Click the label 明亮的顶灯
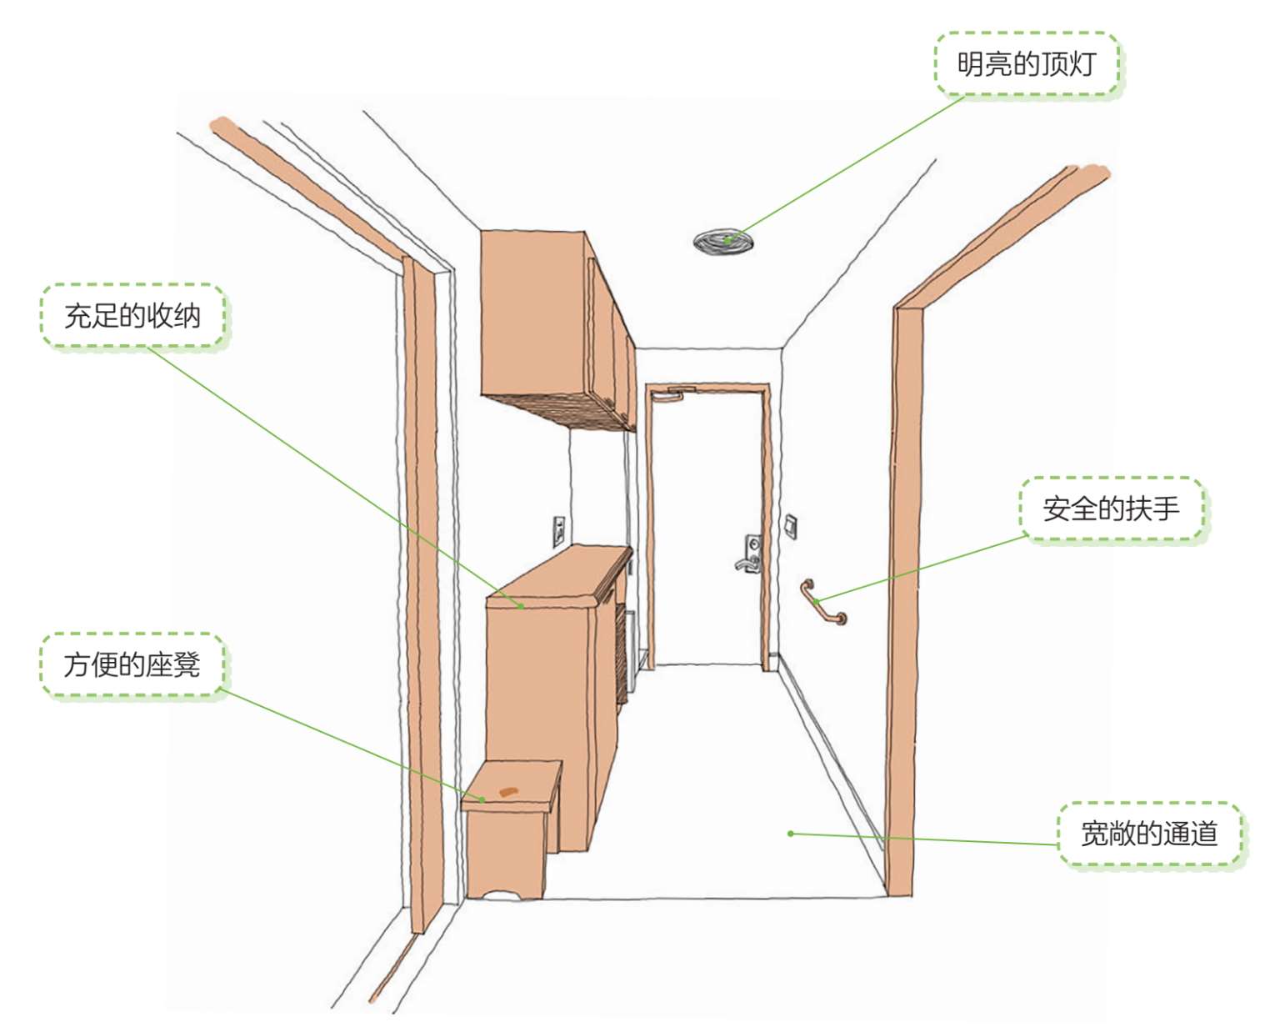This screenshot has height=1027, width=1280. tap(1027, 63)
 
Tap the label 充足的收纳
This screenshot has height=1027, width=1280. tap(132, 315)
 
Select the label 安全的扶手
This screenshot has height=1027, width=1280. tap(1111, 508)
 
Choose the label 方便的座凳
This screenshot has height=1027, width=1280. tap(132, 664)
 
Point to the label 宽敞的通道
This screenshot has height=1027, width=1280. tap(1149, 834)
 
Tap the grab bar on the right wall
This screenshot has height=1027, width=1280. tap(823, 602)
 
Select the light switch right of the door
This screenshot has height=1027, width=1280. tap(791, 526)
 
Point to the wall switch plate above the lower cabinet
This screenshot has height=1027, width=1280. tap(560, 531)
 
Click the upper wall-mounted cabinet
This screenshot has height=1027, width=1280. tap(558, 329)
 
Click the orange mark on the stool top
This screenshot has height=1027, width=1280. tap(508, 791)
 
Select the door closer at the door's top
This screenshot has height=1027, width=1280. tap(674, 393)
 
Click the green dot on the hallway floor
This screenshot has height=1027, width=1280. tap(791, 834)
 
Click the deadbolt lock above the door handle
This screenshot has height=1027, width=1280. tap(753, 544)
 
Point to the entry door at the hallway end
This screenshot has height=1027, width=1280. tap(707, 527)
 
